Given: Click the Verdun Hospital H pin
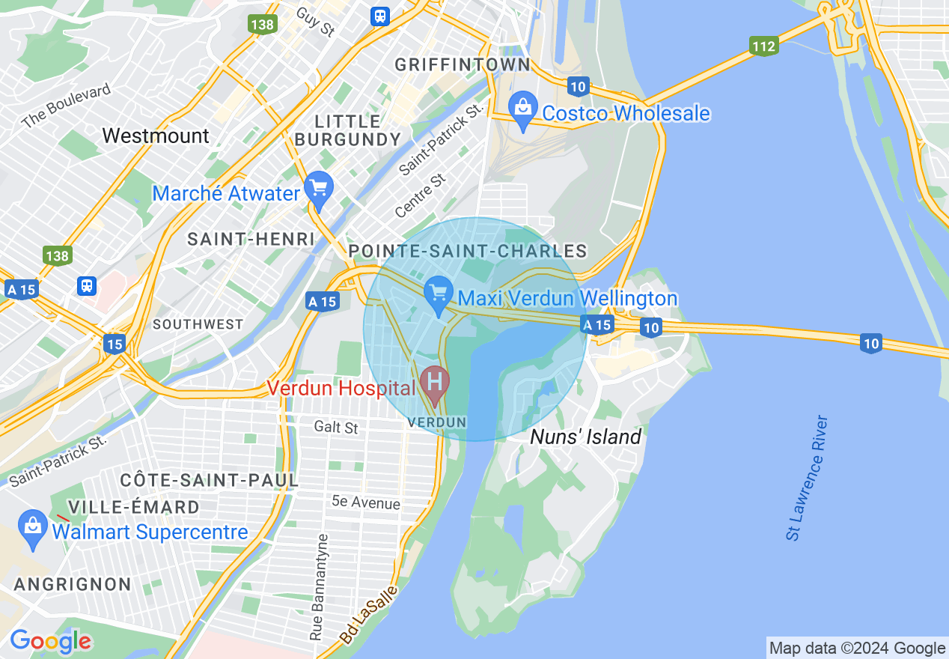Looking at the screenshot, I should point(434,381).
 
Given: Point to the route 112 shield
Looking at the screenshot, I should point(763,46).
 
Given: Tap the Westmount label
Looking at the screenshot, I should point(156,136).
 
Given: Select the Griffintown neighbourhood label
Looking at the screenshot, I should point(457,64).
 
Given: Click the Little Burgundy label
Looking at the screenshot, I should point(348,130).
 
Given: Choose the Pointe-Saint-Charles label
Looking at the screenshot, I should point(468,250).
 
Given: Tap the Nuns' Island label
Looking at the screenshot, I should point(585,437).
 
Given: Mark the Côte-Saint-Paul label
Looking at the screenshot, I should point(210,479).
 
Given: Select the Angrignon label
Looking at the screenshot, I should point(73,584).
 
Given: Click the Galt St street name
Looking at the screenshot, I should point(336,428).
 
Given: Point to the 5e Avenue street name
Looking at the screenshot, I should point(366,503).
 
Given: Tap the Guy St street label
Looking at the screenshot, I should point(315,22).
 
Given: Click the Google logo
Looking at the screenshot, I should point(50,641).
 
